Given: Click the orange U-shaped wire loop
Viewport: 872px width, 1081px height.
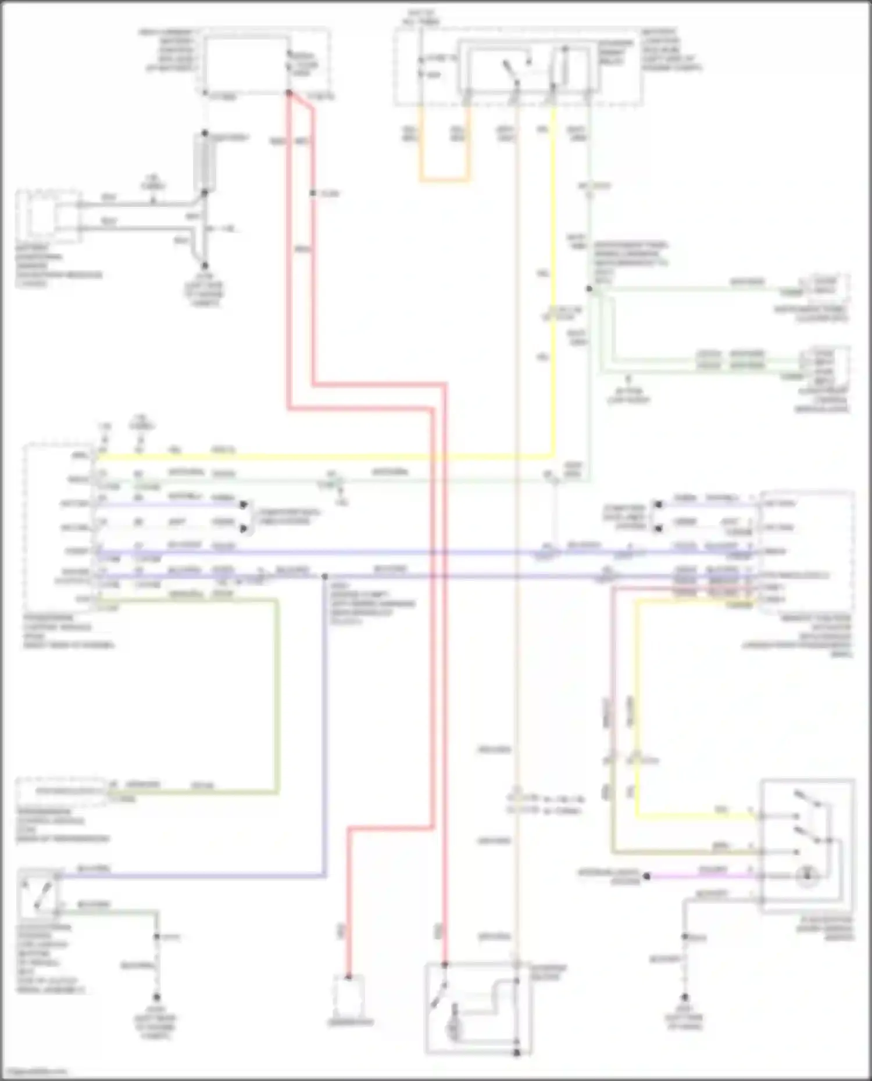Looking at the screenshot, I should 445,180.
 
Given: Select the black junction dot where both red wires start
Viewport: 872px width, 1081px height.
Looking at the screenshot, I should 288,93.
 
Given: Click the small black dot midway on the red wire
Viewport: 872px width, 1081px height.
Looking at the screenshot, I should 312,193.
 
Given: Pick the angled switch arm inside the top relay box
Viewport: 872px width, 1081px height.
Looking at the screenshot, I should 510,73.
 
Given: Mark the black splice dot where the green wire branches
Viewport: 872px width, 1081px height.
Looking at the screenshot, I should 589,289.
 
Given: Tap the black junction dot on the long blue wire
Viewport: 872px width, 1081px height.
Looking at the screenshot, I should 325,576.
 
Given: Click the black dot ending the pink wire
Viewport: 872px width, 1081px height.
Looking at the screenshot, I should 646,875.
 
